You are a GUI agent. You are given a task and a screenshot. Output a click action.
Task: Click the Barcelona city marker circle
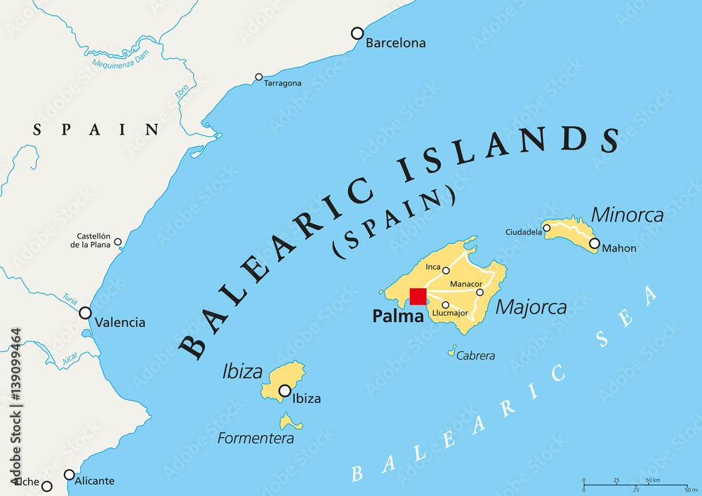357,33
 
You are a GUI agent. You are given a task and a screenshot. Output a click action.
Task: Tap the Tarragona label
282,83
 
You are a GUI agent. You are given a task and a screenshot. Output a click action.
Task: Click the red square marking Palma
418,296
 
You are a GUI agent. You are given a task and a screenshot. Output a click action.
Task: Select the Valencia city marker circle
86,313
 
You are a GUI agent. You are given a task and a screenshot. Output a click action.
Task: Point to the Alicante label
94,481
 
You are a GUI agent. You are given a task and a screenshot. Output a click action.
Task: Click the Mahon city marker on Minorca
595,243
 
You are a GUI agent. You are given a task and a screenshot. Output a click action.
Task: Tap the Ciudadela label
524,232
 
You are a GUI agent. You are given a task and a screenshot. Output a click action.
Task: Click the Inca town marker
446,270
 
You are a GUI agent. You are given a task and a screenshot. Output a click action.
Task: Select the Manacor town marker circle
480,293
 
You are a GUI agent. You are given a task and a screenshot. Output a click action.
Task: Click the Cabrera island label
475,356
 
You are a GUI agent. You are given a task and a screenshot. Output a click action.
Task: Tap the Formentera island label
256,438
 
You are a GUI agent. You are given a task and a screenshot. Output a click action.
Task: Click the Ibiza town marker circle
285,391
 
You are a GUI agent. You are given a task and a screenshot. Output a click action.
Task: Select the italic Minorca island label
627,215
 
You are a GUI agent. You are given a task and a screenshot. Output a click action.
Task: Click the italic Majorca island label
531,307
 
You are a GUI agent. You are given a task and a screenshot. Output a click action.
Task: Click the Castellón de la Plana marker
118,242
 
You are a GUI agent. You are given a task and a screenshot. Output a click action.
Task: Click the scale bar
635,484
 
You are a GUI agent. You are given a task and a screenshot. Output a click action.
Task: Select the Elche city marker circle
47,486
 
